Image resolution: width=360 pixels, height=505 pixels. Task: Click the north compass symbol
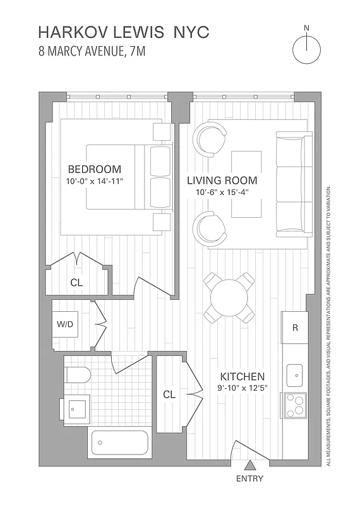[307, 48]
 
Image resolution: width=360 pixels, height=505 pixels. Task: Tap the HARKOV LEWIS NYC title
[123, 33]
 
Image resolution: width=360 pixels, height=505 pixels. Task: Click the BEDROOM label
[94, 169]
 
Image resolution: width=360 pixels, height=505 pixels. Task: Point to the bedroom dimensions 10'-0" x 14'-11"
[94, 181]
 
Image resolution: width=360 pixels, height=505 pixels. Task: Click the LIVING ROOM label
[222, 181]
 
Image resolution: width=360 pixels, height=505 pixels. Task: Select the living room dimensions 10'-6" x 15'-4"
[222, 193]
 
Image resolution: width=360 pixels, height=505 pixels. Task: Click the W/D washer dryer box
[65, 324]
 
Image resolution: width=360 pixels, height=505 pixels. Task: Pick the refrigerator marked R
[294, 328]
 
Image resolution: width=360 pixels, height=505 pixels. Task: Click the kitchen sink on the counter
[294, 375]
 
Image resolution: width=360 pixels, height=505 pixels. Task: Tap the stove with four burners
[294, 405]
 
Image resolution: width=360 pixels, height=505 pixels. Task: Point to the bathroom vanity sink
[78, 409]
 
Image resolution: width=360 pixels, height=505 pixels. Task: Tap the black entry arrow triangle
[249, 466]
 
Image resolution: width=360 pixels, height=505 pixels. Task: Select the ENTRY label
[249, 479]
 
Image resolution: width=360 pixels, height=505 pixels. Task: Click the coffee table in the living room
[247, 184]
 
